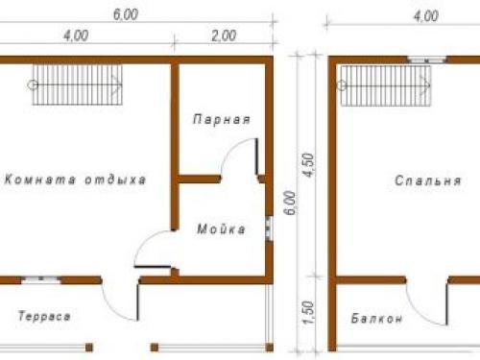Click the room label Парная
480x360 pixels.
222,119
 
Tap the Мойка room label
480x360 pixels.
221,229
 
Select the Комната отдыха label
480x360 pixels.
76,180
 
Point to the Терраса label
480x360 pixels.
44,317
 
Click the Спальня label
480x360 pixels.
428,180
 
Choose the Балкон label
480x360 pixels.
376,319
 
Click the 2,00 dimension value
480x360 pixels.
224,36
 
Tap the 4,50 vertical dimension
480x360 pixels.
309,165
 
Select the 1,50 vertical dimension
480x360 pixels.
308,312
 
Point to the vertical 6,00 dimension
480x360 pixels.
290,203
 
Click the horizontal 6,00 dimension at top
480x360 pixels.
126,14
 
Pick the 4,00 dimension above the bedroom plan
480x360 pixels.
425,16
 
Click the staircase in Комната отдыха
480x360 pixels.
78,85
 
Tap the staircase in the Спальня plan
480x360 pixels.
386,85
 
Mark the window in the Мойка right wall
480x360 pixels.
269,228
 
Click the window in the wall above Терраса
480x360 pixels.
41,280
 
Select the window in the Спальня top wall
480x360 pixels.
427,60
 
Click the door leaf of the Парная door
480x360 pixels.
256,156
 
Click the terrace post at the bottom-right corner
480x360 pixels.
270,348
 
